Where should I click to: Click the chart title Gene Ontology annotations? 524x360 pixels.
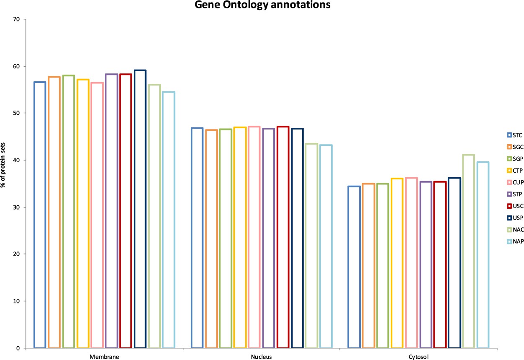(x=262, y=5)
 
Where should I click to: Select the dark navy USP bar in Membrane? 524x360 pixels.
(x=140, y=210)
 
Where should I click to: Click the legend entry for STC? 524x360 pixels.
(x=514, y=135)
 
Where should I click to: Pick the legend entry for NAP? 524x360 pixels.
(x=514, y=241)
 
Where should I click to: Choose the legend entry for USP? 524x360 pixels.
(x=514, y=218)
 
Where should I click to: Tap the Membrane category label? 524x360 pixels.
(x=104, y=357)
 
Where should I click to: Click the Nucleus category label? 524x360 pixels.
(x=262, y=357)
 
